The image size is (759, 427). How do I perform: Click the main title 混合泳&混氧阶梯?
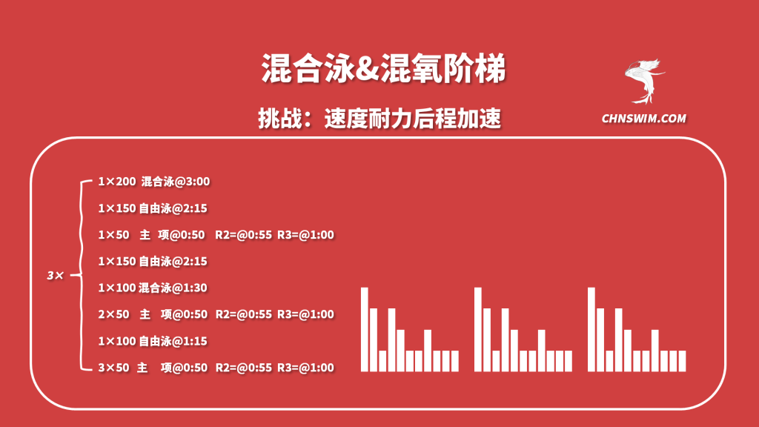coord(383,68)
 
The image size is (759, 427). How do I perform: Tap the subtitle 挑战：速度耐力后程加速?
coord(379,119)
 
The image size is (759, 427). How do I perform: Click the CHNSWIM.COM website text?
coord(644,119)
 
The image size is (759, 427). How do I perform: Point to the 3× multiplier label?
coord(55,276)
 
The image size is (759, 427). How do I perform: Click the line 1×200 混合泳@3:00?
coord(154,182)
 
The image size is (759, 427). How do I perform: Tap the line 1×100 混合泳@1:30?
coord(153,288)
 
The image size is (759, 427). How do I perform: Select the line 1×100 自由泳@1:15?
coord(153,341)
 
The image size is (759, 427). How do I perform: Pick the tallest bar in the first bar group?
coord(365,329)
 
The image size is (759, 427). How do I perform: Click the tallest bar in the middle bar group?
coord(478,329)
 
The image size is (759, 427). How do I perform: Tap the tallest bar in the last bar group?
coord(591,329)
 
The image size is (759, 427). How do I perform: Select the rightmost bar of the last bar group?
coord(682,361)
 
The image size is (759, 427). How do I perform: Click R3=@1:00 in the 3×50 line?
coord(305,368)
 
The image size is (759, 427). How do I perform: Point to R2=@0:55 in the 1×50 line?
coord(243,235)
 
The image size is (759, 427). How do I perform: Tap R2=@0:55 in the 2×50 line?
coord(243,314)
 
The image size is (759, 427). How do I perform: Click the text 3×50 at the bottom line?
coord(113,368)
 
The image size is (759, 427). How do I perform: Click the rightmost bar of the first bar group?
coord(455,361)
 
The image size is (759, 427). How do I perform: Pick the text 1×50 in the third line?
coord(113,235)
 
